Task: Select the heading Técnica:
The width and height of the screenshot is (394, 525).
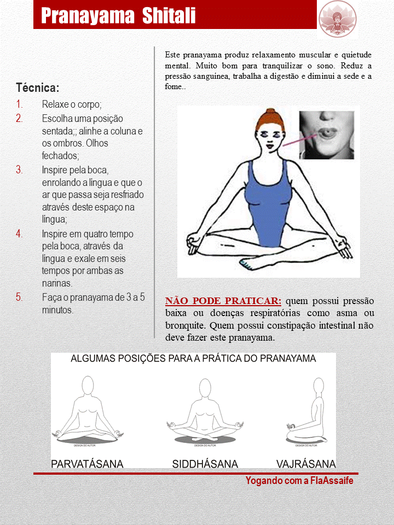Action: click(38, 88)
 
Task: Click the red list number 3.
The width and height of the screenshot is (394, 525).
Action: click(19, 170)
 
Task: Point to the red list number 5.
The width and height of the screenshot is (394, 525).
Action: click(19, 297)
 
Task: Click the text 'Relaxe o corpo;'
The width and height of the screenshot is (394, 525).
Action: click(72, 104)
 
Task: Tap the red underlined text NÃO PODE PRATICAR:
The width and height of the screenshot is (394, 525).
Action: click(223, 301)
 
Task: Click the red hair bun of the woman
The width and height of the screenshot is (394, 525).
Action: click(269, 115)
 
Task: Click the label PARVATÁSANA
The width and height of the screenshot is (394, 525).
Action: click(87, 464)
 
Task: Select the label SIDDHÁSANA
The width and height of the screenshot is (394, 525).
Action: click(205, 464)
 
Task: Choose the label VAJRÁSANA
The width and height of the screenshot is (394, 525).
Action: click(306, 464)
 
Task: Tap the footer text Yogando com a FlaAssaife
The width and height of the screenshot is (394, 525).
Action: click(299, 481)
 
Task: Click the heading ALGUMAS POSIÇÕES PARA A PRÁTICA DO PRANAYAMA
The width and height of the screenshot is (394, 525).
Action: click(193, 359)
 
